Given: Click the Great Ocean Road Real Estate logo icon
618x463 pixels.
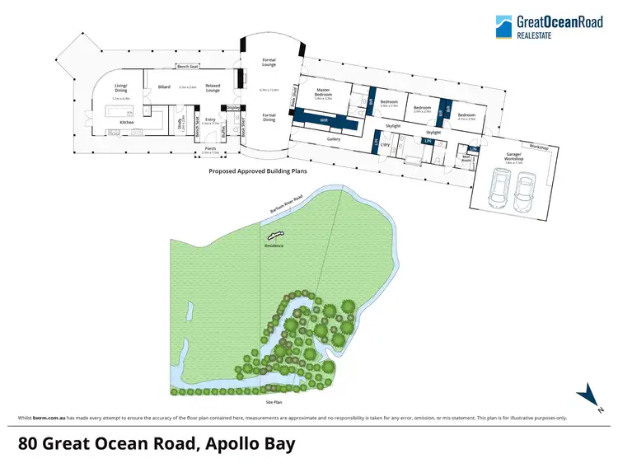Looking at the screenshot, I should pos(503,26).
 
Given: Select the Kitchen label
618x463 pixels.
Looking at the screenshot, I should pos(127,122).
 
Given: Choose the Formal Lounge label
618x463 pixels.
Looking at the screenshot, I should pos(268,61).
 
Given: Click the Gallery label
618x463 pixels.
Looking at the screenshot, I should pos(333,139).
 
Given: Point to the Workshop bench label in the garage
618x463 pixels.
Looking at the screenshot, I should pos(539,147).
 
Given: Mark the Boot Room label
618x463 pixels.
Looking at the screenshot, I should pos(466,157).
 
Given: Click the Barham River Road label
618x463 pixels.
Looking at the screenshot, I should pos(287,205).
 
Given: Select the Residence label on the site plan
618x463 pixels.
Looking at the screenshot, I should pos(274,245).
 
